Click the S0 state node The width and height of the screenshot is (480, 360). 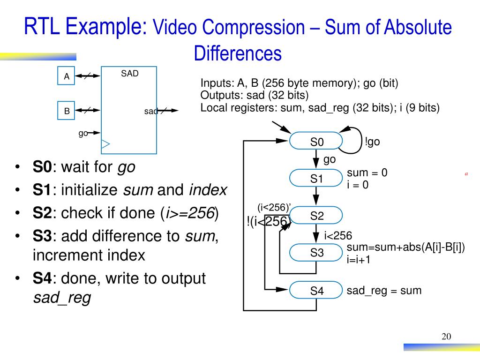pos(316,142)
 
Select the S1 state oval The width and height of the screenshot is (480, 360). pos(316,179)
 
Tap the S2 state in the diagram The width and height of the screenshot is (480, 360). pos(316,216)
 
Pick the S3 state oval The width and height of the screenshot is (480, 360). pos(316,253)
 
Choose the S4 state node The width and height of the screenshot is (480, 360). pos(316,291)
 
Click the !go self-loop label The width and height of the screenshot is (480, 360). pos(372,142)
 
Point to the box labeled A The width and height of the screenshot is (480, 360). pos(67,76)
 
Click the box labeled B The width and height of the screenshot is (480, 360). pos(67,111)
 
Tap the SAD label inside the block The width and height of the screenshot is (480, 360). pos(130,74)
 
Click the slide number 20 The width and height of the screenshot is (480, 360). pos(446,337)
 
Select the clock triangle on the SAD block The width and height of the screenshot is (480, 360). pos(105,144)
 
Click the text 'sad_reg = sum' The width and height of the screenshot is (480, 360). pos(384,291)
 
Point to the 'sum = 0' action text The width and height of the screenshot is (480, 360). pos(367,173)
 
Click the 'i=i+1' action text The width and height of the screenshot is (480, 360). pos(359,259)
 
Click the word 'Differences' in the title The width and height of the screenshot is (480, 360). pos(238,53)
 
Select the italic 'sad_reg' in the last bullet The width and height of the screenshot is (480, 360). pos(61,298)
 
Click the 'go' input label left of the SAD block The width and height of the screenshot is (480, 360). pos(83,133)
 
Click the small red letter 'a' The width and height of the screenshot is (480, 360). pos(466,174)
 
